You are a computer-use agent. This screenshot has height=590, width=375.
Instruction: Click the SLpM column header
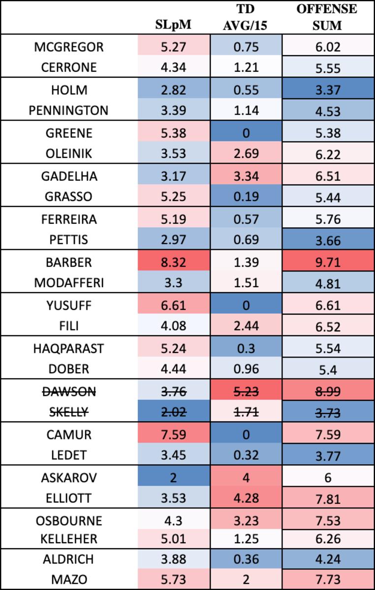click(x=174, y=25)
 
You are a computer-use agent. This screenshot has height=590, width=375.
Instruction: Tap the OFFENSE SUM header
click(x=327, y=18)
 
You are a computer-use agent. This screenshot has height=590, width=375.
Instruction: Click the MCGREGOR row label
click(x=69, y=47)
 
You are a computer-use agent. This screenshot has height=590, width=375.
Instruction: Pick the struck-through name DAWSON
click(x=69, y=391)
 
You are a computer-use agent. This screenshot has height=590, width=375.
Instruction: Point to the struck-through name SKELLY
click(x=69, y=413)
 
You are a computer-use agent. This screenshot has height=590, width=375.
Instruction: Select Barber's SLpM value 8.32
click(x=174, y=262)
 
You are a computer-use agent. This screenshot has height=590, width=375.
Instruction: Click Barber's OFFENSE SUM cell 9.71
click(x=328, y=262)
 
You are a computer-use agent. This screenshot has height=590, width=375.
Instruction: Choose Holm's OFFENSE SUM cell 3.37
click(x=328, y=90)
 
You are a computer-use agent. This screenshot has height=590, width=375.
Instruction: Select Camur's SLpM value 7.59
click(x=174, y=435)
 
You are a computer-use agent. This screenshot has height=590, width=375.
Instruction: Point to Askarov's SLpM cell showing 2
click(x=174, y=477)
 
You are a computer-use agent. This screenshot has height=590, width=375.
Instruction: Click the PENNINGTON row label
click(x=69, y=111)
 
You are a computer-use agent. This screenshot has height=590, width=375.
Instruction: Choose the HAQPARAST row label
click(x=69, y=348)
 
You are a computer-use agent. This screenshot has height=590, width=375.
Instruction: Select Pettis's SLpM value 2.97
click(x=174, y=240)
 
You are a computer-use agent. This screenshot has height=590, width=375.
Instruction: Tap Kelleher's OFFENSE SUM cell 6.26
click(x=328, y=539)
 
